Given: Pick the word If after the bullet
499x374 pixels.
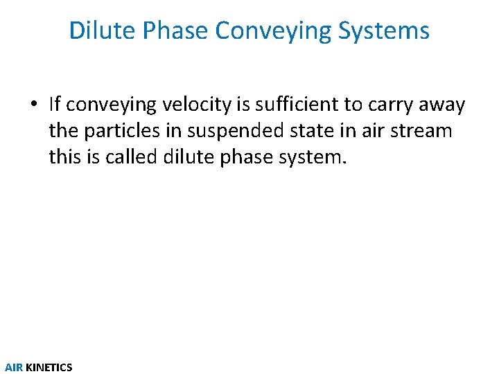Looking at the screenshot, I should pos(55,104).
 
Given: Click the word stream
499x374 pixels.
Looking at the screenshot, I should pos(419,130).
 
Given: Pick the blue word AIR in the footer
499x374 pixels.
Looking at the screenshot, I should pos(14,367).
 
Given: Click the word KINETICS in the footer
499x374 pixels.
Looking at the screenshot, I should pos(49,367).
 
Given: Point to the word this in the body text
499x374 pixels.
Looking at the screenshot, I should pos(65,157).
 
